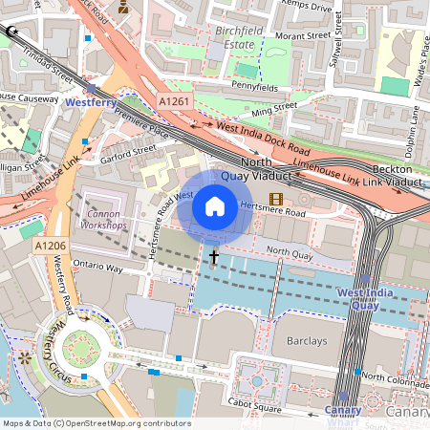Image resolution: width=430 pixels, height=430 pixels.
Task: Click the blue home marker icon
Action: pos(215,205)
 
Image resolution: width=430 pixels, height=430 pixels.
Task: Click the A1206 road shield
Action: pos(50,247)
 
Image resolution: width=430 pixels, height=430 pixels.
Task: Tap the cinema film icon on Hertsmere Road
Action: pos(276,199)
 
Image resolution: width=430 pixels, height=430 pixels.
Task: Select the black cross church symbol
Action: pos(214,257)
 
